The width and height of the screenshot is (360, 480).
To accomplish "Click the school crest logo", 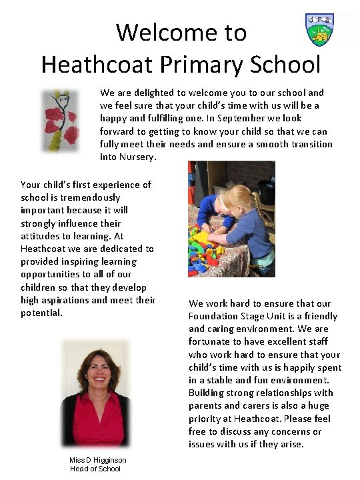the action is [319, 29].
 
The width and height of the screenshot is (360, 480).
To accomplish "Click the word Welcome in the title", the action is [181, 31].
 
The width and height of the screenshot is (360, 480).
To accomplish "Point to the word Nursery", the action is [137, 157].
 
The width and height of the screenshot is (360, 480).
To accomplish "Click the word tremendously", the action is [86, 197].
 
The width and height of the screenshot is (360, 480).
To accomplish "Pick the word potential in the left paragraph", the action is [41, 312].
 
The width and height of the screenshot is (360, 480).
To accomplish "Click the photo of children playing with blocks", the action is [231, 218].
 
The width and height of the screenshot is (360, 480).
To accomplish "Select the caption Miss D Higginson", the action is [97, 460].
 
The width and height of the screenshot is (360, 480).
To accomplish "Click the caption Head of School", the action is [95, 469].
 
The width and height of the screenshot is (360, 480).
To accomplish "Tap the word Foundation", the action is [217, 316].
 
